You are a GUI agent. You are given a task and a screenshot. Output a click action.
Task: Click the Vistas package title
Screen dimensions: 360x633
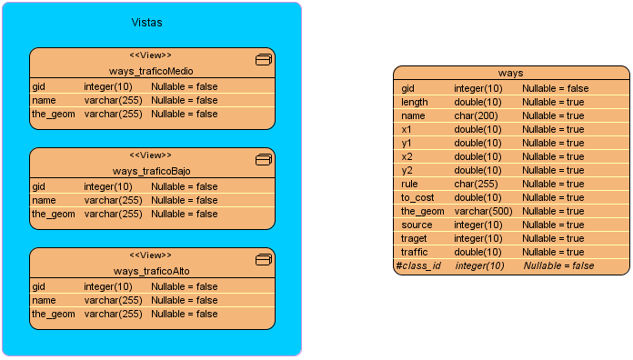tap(147, 22)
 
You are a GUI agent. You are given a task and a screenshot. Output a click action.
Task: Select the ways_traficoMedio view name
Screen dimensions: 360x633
tap(152, 71)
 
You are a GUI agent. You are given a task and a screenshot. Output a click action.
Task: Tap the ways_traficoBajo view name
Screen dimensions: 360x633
tap(152, 171)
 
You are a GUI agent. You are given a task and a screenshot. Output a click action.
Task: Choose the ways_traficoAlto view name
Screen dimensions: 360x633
tap(152, 271)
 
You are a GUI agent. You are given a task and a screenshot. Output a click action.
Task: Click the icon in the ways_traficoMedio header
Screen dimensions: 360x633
tap(264, 60)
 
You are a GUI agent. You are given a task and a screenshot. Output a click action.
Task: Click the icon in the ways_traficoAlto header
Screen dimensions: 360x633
tap(264, 260)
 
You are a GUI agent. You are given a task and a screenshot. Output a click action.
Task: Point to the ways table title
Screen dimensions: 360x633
tap(510, 73)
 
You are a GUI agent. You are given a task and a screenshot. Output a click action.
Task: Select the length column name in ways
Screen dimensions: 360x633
tap(415, 102)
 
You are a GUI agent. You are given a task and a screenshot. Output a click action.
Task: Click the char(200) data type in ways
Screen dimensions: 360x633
tap(475, 115)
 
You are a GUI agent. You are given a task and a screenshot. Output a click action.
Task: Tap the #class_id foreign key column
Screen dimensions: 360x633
tap(418, 265)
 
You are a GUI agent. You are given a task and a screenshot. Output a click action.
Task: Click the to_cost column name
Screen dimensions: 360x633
tap(418, 197)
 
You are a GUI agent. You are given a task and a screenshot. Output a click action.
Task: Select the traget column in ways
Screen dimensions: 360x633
tap(415, 238)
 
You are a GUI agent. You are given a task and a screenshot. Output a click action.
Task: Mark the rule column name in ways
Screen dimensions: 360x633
tap(409, 184)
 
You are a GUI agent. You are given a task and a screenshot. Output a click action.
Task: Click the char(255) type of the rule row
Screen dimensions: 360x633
tap(475, 184)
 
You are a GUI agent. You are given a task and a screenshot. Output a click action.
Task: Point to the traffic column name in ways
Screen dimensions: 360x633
tap(415, 252)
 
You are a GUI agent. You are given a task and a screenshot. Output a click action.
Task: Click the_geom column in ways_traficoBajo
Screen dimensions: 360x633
tap(53, 214)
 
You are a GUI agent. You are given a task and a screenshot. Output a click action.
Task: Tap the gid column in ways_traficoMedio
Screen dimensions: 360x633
tap(39, 86)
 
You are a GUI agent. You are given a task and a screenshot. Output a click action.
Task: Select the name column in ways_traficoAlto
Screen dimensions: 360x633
tap(44, 300)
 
